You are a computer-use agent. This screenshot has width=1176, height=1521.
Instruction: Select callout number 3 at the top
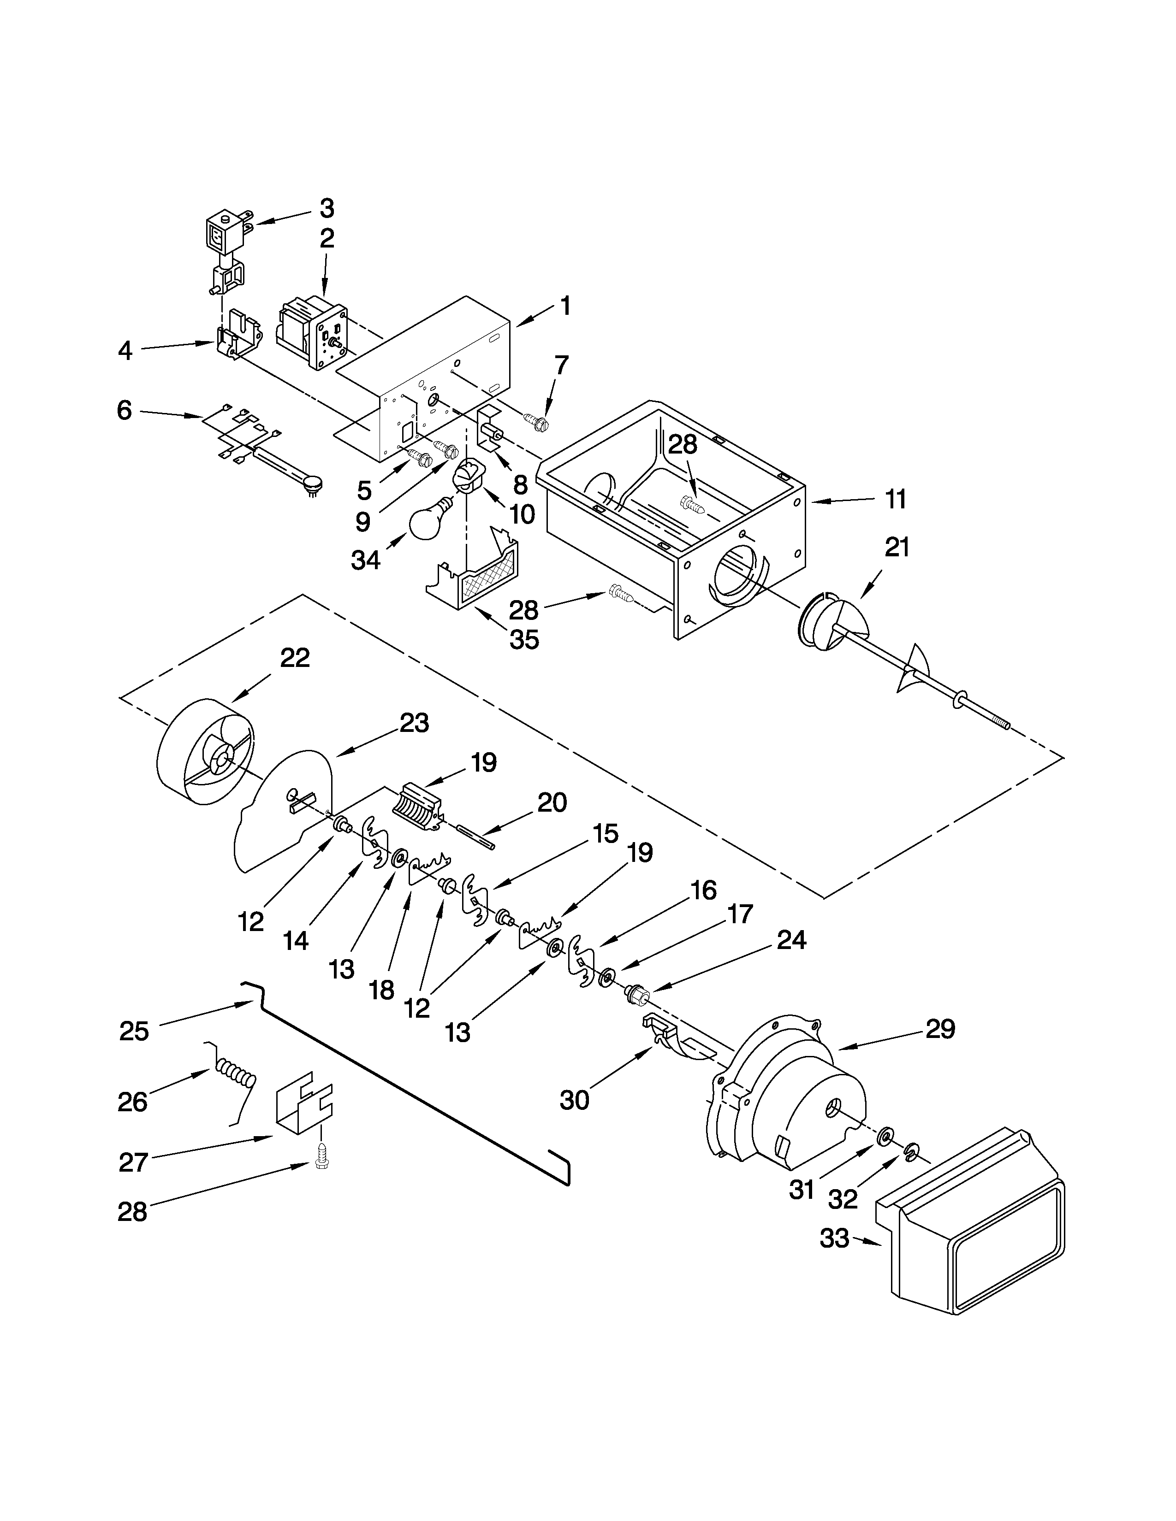tap(327, 207)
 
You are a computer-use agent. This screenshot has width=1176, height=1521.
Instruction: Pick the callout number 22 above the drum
tap(294, 657)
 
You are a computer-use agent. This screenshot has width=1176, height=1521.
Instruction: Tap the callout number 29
tap(940, 1029)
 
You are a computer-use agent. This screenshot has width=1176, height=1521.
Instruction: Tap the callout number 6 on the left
tap(124, 410)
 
